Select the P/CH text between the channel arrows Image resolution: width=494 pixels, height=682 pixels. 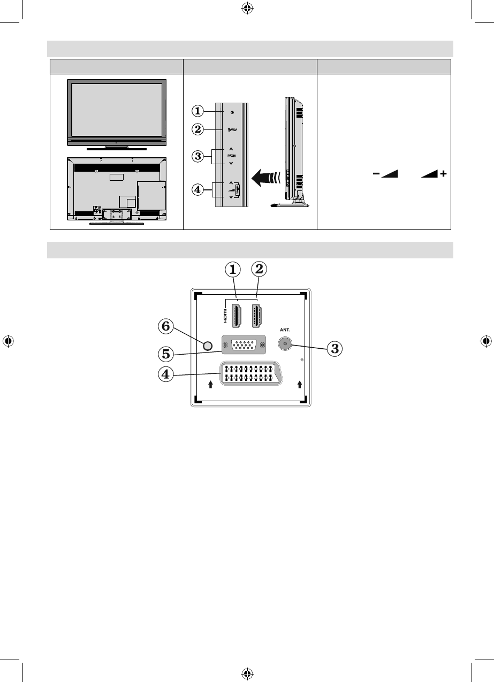pyautogui.click(x=231, y=155)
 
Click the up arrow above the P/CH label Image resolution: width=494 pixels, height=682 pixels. pyautogui.click(x=231, y=148)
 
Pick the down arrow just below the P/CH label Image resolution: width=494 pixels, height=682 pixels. pyautogui.click(x=231, y=163)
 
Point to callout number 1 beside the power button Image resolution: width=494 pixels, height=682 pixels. pyautogui.click(x=199, y=111)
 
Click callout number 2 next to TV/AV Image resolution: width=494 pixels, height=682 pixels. pyautogui.click(x=199, y=129)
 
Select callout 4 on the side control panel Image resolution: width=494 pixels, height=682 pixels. pyautogui.click(x=199, y=189)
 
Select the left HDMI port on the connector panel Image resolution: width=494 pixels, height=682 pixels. pyautogui.click(x=238, y=316)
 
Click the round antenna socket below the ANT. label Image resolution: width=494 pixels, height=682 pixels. pyautogui.click(x=285, y=346)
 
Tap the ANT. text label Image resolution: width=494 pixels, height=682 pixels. pyautogui.click(x=285, y=331)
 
